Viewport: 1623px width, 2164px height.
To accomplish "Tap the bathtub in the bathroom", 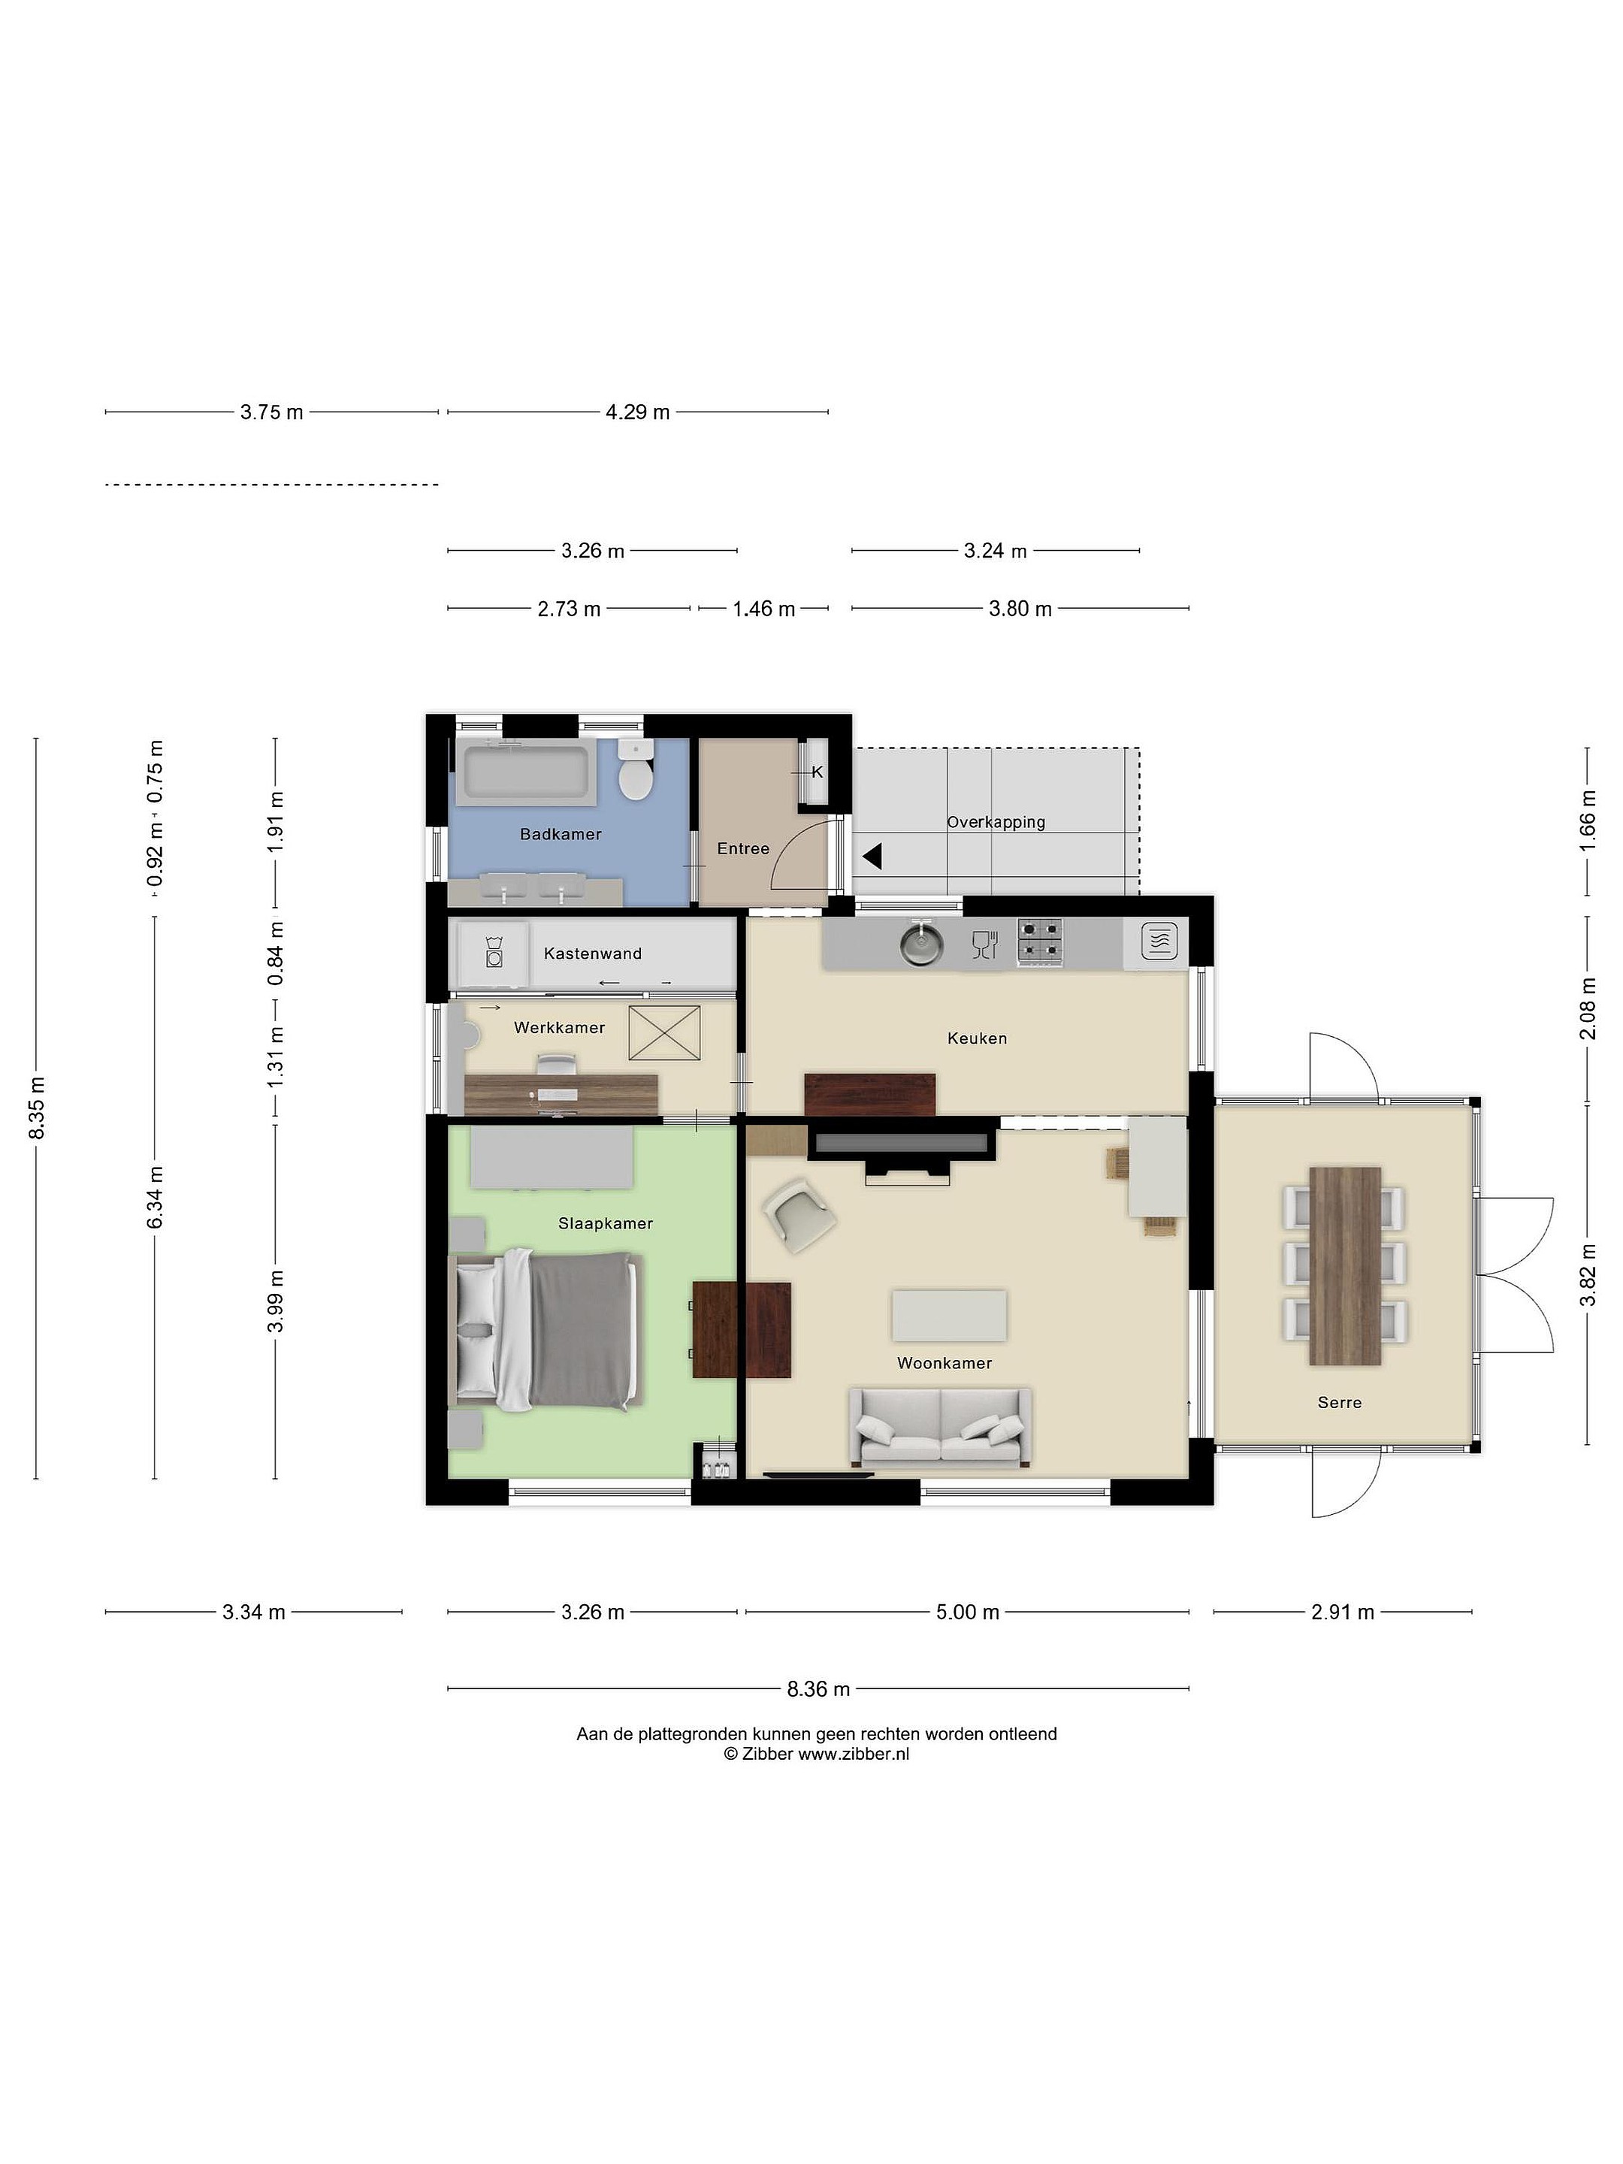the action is click(525, 772).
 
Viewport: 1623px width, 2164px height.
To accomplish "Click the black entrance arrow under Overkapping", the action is click(872, 857).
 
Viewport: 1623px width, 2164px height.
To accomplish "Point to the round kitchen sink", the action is click(921, 942).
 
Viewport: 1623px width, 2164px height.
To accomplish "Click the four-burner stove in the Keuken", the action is click(1040, 942).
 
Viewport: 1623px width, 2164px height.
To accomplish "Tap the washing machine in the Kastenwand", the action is click(494, 953).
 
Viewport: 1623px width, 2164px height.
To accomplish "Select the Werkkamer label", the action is click(560, 1027).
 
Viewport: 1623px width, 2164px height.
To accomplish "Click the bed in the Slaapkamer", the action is click(546, 1331).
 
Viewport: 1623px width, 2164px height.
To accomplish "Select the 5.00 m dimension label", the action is click(968, 1611).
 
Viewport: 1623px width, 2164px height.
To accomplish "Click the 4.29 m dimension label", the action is click(638, 412).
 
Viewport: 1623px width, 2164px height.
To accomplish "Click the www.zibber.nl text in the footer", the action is click(854, 1754).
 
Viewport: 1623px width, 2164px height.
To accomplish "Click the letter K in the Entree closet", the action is click(818, 772).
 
